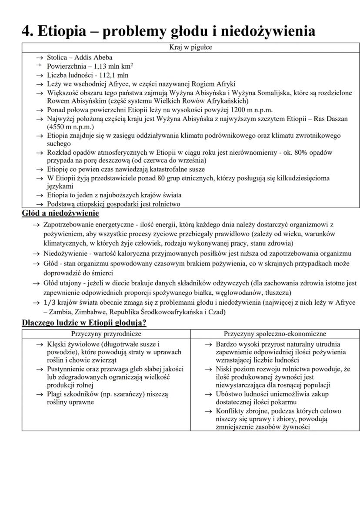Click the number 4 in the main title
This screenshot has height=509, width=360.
27,31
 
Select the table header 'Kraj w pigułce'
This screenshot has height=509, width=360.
191,47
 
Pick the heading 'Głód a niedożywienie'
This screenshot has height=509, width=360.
60,213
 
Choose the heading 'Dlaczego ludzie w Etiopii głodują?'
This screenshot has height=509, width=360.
84,323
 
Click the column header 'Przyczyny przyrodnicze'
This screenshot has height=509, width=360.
106,334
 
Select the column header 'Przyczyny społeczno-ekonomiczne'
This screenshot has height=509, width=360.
275,334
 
